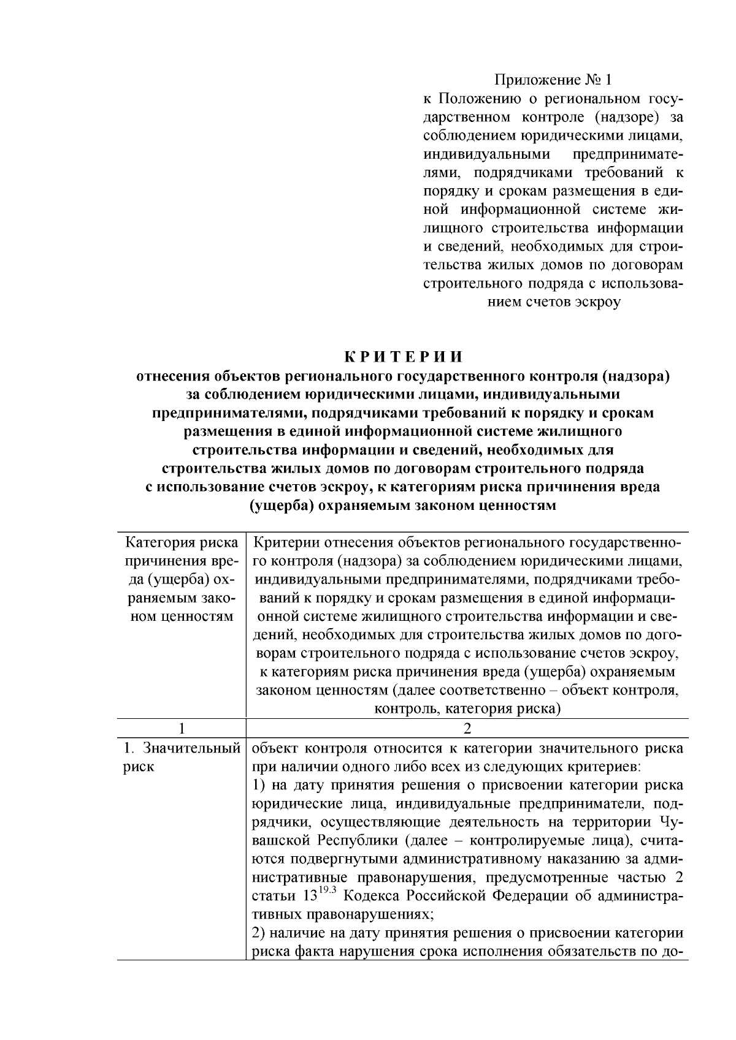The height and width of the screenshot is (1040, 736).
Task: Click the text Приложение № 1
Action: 553,80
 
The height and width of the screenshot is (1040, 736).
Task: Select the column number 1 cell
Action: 181,729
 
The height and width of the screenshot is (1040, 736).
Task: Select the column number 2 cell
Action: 467,729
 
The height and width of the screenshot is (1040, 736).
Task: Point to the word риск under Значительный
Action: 139,767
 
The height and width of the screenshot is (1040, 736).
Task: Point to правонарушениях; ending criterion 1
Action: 372,914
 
